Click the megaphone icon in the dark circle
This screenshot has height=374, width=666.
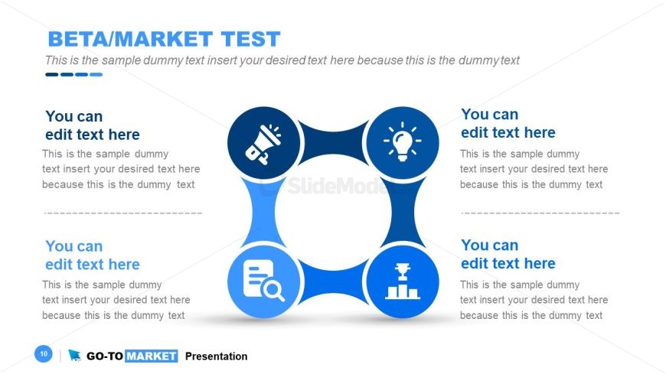(263, 144)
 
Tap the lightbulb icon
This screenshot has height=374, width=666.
(402, 141)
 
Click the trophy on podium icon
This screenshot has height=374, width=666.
(402, 281)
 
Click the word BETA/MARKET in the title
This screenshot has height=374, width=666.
(130, 39)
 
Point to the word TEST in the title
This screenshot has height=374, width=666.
(250, 39)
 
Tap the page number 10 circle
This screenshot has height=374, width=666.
(44, 353)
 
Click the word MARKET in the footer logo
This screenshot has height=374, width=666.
(152, 356)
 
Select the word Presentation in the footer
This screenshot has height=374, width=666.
(216, 356)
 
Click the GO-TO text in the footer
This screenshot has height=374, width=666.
(104, 356)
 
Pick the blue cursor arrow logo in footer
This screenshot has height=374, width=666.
(75, 356)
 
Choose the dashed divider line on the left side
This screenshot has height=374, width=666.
(123, 213)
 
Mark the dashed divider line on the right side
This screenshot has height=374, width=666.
(540, 213)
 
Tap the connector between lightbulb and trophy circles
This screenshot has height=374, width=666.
(403, 213)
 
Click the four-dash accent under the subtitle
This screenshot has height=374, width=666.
(74, 75)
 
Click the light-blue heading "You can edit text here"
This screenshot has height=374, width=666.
(93, 255)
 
